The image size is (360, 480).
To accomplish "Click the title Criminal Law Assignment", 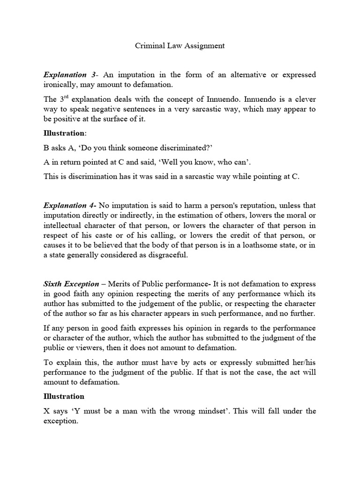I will [180, 46].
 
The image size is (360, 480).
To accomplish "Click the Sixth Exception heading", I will [71, 284].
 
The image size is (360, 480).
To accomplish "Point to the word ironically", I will [62, 84].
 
